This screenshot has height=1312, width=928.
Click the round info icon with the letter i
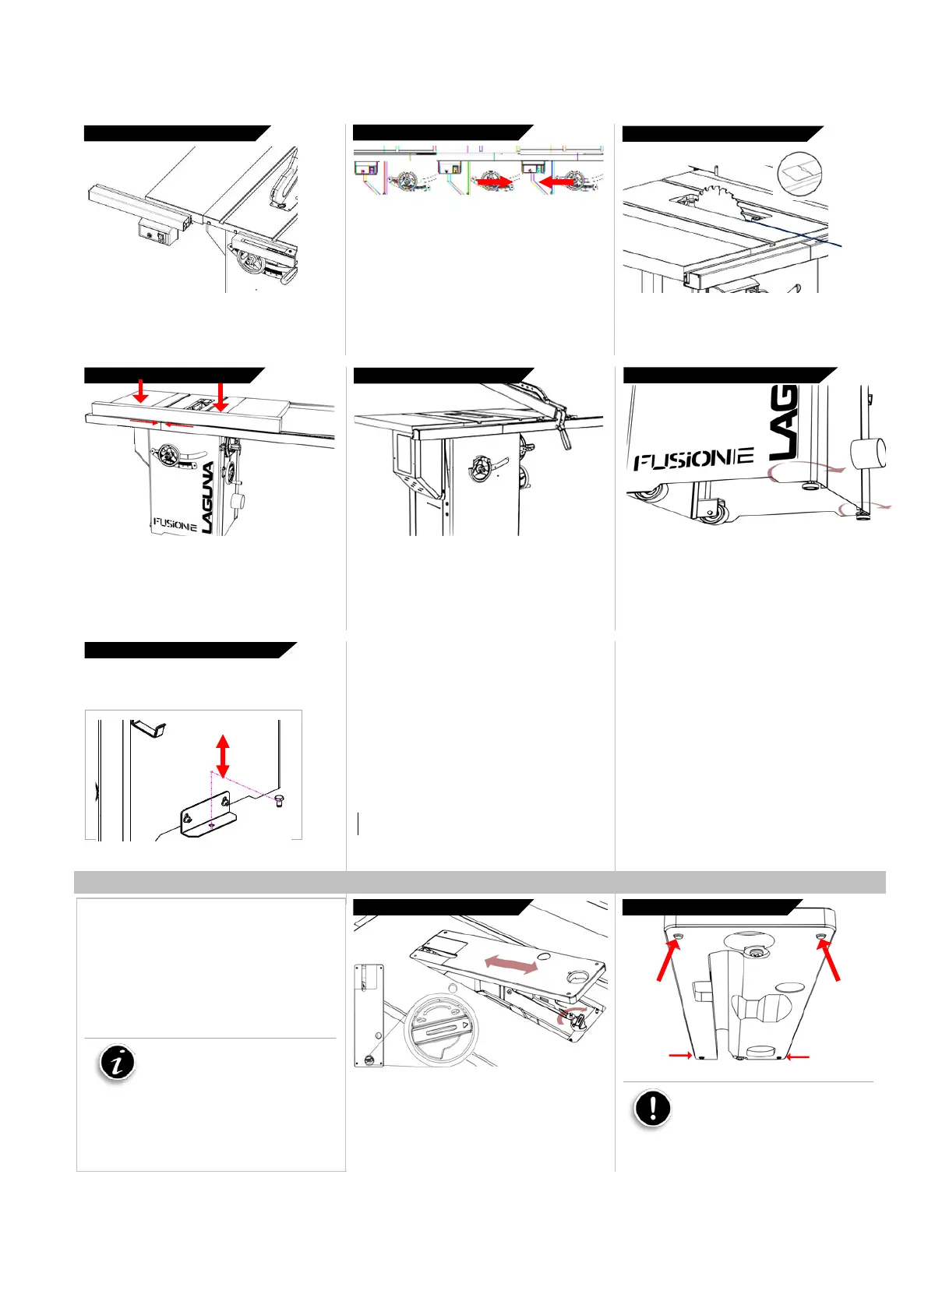118,1063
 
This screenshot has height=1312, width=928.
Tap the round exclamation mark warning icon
652,1108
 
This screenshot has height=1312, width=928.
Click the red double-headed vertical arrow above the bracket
223,756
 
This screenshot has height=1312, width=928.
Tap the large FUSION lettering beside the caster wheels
693,458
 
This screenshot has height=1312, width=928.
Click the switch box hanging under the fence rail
158,232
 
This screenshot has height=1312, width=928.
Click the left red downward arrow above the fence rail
140,390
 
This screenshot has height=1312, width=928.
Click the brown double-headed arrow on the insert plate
510,964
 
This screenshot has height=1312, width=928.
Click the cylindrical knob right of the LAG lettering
869,453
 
